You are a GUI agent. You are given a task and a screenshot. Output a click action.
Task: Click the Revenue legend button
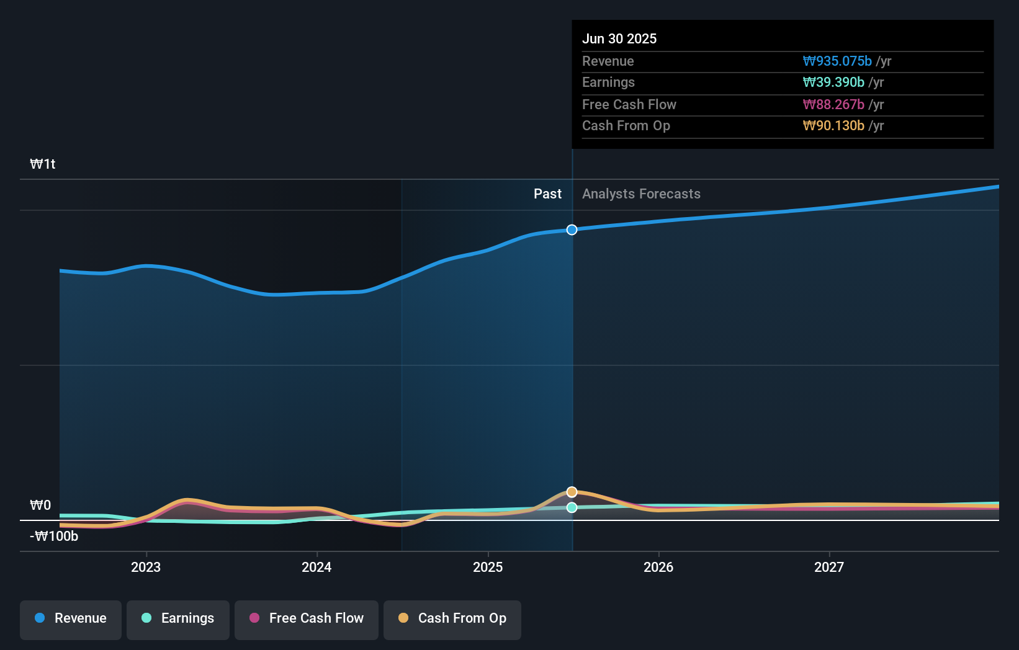[x=71, y=619]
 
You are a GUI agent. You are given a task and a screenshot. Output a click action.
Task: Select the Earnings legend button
[x=178, y=619]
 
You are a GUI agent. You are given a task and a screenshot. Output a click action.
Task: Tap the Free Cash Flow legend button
[x=307, y=619]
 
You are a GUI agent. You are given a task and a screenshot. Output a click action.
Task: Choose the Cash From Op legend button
[x=452, y=619]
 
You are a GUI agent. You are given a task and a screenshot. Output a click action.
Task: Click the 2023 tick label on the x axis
[x=146, y=567]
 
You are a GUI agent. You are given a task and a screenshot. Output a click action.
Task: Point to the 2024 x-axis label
[x=316, y=567]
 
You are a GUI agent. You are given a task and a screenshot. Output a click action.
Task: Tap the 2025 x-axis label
[x=488, y=567]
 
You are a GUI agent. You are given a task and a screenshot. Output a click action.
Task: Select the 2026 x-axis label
[x=658, y=567]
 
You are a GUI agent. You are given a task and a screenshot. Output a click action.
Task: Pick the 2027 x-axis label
[x=829, y=567]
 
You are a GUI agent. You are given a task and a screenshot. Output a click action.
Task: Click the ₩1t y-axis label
[x=43, y=164]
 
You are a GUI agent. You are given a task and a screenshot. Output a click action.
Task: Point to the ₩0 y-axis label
[x=40, y=505]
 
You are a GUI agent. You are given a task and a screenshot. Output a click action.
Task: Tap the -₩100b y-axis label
[x=54, y=536]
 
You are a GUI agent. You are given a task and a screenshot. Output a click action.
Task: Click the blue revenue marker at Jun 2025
[x=572, y=230]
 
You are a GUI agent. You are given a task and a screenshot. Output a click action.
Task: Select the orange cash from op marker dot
[x=572, y=492]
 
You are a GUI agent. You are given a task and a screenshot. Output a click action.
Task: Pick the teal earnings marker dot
[x=572, y=507]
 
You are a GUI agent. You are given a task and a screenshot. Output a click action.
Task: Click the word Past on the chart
[x=547, y=194]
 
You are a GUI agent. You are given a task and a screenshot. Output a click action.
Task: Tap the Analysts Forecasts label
[x=641, y=194]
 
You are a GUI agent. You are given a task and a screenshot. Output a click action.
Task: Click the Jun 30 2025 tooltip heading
[x=619, y=39]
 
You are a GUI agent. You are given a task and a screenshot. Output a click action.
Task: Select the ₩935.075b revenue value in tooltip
[x=837, y=61]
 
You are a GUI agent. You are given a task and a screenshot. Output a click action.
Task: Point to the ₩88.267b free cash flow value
[x=833, y=105]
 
